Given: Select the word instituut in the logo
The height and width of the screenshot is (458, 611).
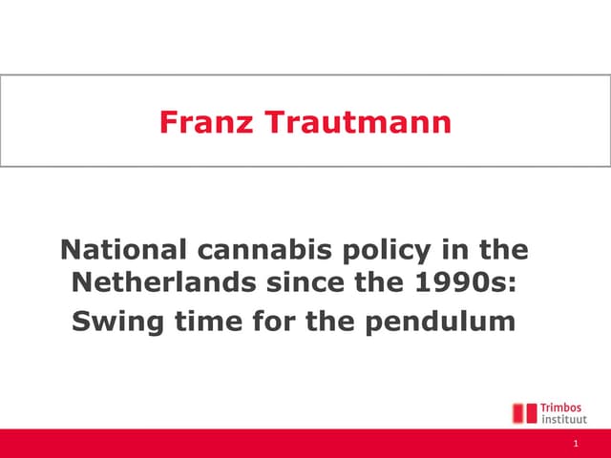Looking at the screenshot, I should click(x=564, y=419).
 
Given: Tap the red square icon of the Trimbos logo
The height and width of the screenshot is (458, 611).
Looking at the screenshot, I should click(x=524, y=413).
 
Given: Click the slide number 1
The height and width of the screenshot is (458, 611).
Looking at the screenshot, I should click(x=577, y=445).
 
